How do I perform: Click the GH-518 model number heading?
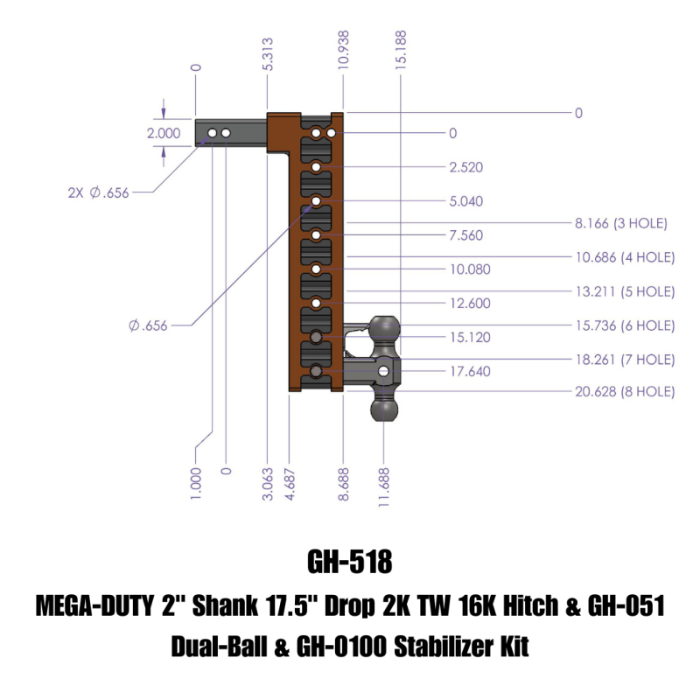(349, 560)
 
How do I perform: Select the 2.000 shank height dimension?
(163, 134)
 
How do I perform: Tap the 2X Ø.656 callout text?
(98, 193)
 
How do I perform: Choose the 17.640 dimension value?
(469, 371)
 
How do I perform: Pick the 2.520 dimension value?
(465, 167)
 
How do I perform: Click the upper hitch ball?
(386, 330)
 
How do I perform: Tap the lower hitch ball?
(385, 409)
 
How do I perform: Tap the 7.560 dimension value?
(465, 235)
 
